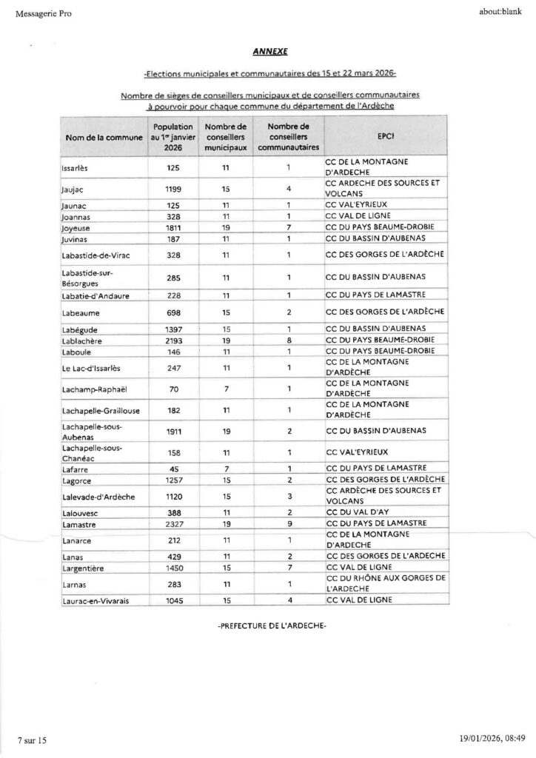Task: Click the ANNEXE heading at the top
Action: pyautogui.click(x=268, y=52)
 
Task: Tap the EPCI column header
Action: pyautogui.click(x=385, y=138)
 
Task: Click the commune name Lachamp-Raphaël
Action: pyautogui.click(x=92, y=389)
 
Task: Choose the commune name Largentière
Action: pyautogui.click(x=82, y=566)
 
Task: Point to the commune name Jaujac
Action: pyautogui.click(x=72, y=189)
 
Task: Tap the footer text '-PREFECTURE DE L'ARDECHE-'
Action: pyautogui.click(x=272, y=626)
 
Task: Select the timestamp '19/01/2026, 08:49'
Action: pyautogui.click(x=491, y=740)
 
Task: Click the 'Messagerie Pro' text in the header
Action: pyautogui.click(x=38, y=14)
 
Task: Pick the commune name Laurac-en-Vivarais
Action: pyautogui.click(x=96, y=600)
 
